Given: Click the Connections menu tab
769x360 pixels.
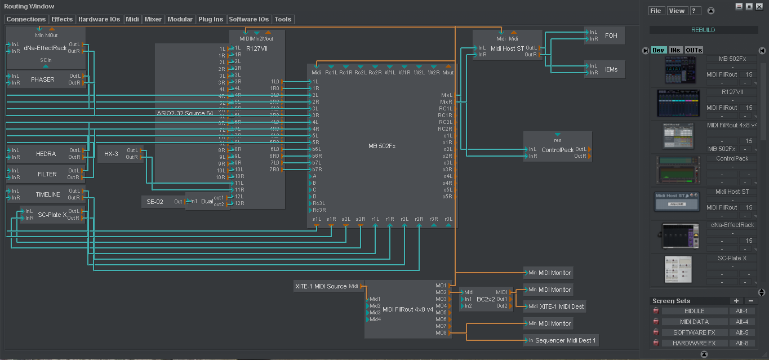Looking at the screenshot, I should click(26, 19).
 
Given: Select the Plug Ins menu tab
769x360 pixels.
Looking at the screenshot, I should click(211, 19).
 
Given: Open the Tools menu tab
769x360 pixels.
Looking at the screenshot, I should click(283, 19).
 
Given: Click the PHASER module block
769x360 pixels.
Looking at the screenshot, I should click(43, 79).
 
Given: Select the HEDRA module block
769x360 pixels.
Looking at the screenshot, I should click(46, 154).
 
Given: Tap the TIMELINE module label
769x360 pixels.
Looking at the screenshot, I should click(48, 194).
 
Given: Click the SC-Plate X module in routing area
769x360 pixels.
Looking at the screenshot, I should click(52, 215).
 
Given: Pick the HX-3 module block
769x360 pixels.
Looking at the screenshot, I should click(111, 154).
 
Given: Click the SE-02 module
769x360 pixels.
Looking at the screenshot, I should click(155, 202).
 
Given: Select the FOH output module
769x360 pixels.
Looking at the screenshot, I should click(611, 35).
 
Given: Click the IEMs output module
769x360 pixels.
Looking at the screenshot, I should click(611, 69).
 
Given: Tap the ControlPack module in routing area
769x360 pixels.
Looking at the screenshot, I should click(557, 150).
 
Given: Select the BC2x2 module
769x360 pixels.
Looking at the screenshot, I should click(485, 299).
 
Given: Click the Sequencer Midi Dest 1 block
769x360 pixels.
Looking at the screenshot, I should click(565, 340).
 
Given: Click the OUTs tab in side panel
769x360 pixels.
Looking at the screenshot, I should click(694, 50).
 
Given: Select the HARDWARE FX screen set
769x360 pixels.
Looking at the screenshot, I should click(694, 343).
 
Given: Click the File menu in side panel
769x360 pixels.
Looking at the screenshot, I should click(656, 11).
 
